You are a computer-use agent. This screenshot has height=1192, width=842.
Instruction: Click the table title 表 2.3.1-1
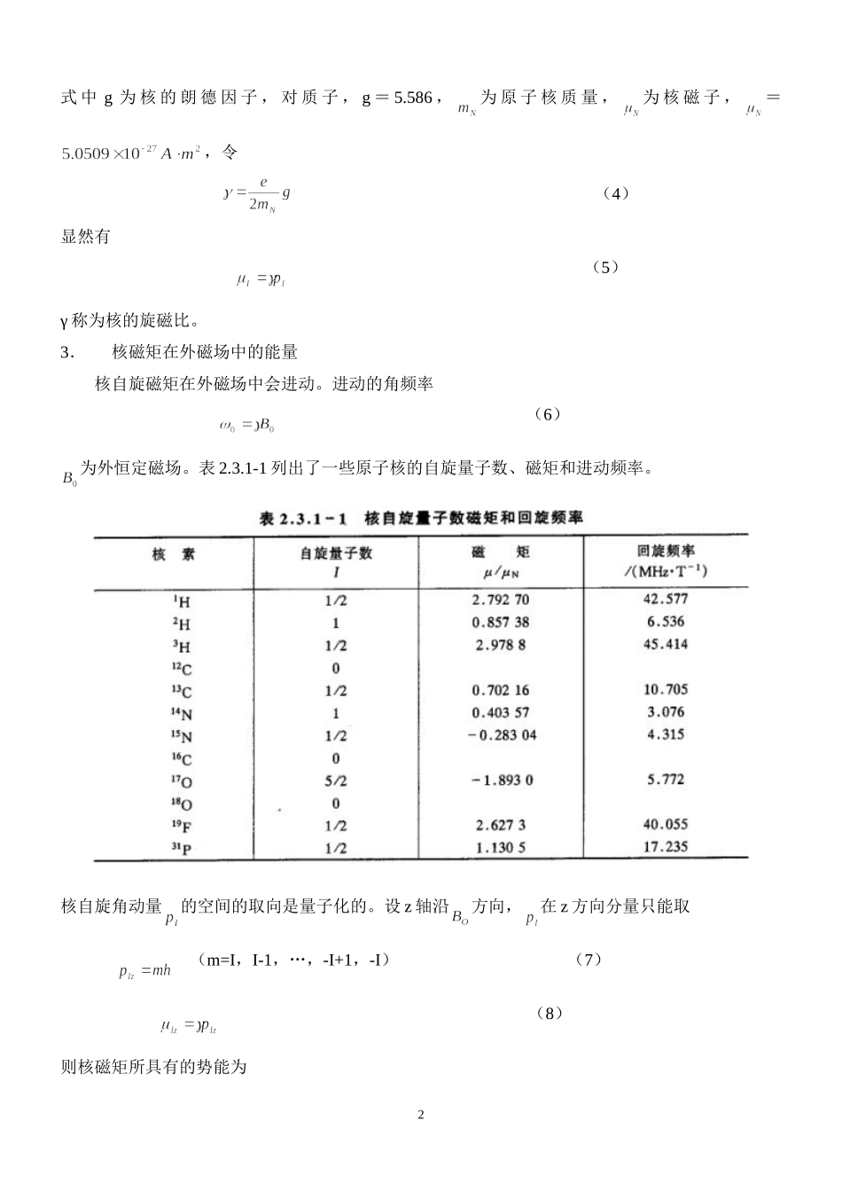pyautogui.click(x=302, y=518)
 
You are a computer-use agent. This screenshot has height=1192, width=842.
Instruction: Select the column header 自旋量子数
pyautogui.click(x=336, y=553)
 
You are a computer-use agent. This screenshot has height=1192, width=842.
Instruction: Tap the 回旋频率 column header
pyautogui.click(x=666, y=551)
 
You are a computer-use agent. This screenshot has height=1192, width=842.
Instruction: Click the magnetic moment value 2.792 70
pyautogui.click(x=501, y=600)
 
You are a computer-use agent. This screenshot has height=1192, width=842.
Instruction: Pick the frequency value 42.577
pyautogui.click(x=666, y=599)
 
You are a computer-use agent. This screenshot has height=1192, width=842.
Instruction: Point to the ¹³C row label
pyautogui.click(x=182, y=691)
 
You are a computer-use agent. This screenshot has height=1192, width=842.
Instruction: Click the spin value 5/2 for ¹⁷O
pyautogui.click(x=336, y=780)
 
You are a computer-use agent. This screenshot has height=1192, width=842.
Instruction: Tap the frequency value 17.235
pyautogui.click(x=666, y=846)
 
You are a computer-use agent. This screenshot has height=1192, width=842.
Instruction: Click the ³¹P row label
pyautogui.click(x=182, y=849)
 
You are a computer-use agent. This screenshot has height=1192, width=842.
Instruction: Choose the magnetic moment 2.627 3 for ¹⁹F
pyautogui.click(x=501, y=825)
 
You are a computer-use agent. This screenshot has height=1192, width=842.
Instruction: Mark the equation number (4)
pyautogui.click(x=615, y=193)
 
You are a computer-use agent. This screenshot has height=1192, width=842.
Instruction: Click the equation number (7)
pyautogui.click(x=588, y=959)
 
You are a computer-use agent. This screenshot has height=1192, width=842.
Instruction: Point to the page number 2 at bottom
pyautogui.click(x=421, y=1114)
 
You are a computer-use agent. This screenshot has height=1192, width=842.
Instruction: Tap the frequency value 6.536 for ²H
pyautogui.click(x=666, y=622)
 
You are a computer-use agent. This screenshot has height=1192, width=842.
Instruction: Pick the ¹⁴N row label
pyautogui.click(x=182, y=713)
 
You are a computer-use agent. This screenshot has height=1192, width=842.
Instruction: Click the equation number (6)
pyautogui.click(x=549, y=414)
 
